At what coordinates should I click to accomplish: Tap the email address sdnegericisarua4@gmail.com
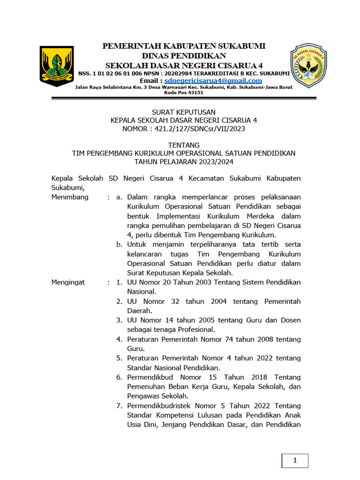pos(213,81)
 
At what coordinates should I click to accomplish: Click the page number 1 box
pos(295,461)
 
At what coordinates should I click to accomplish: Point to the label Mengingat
pos(69,282)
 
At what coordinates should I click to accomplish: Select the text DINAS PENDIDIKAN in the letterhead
pos(184,55)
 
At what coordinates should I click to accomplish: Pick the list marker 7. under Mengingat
pos(120,405)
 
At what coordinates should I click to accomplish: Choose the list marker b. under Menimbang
pos(120,244)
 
